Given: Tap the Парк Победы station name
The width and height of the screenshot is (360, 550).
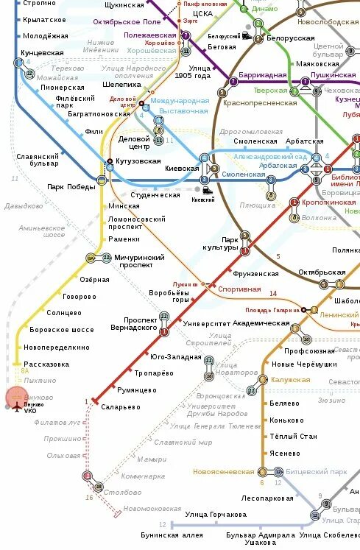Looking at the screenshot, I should [71, 186].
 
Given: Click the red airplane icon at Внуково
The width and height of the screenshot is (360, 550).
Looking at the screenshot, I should [17, 409].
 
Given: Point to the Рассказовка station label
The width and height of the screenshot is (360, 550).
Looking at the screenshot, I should [46, 364].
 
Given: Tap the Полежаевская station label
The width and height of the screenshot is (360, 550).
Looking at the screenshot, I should [149, 35].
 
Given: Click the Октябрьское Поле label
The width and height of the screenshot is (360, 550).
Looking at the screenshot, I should [127, 21].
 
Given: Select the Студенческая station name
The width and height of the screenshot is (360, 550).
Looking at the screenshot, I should [155, 195].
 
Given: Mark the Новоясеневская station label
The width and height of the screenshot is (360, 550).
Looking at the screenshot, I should [224, 471].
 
